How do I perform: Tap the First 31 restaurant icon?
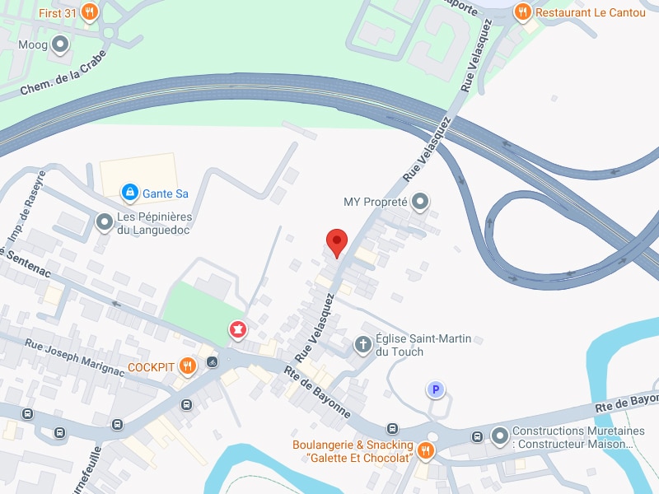pos(91,12)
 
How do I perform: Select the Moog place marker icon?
pos(60,44)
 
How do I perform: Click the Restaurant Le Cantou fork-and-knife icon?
pos(522,12)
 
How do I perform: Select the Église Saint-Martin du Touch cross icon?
pos(362,345)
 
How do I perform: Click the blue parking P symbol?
pos(435,389)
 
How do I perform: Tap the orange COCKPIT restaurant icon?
pos(188,366)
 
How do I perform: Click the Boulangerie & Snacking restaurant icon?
pos(425,450)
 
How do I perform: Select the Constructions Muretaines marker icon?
pos(499,436)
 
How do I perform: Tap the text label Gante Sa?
pos(166,193)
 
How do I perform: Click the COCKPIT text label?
pos(152,366)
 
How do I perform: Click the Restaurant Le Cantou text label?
pos(591,12)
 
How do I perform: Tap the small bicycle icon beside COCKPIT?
pos(213,361)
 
